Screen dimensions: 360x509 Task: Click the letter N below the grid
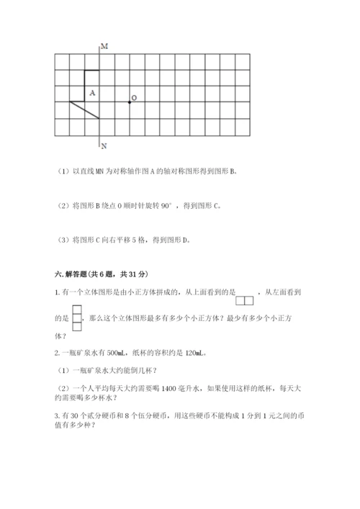pyautogui.click(x=104, y=145)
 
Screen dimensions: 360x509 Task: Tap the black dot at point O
pyautogui.click(x=130, y=102)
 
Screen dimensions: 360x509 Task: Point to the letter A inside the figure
pyautogui.click(x=92, y=93)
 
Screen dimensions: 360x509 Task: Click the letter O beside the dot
pyautogui.click(x=135, y=97)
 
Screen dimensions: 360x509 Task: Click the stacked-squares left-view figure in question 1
pyautogui.click(x=78, y=318)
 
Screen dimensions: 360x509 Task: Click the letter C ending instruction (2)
pyautogui.click(x=215, y=206)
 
